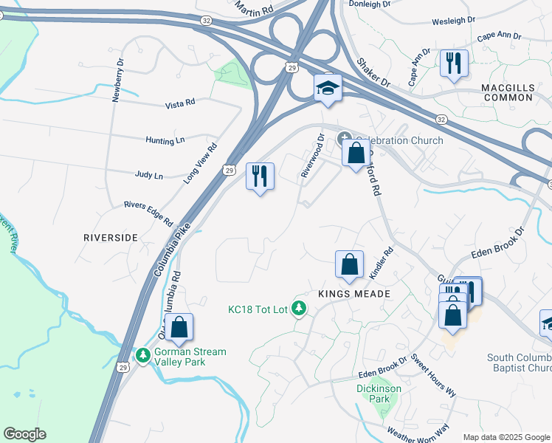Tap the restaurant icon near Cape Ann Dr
pyautogui.click(x=454, y=63)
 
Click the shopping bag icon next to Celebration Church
pyautogui.click(x=356, y=154)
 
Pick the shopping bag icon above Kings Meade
pyautogui.click(x=349, y=264)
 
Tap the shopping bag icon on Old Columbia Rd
pyautogui.click(x=179, y=327)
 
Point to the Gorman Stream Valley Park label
pyautogui.click(x=190, y=357)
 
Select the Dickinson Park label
pyautogui.click(x=373, y=394)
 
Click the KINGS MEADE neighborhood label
pyautogui.click(x=353, y=293)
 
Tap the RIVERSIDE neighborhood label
pyautogui.click(x=111, y=238)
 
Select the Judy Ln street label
pyautogui.click(x=148, y=176)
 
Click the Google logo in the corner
pyautogui.click(x=24, y=434)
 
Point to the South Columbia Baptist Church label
pyautogui.click(x=519, y=363)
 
